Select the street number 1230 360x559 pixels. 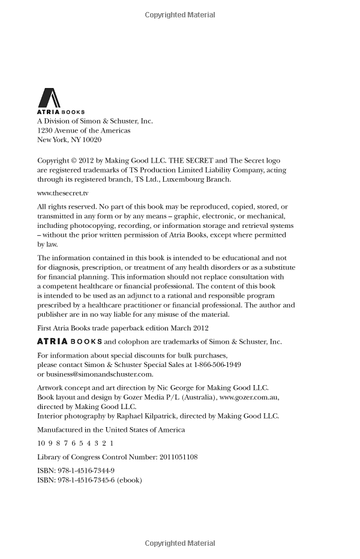point(46,130)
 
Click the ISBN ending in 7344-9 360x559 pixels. point(85,471)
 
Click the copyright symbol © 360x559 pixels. point(74,161)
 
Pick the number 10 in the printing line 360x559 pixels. point(41,443)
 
